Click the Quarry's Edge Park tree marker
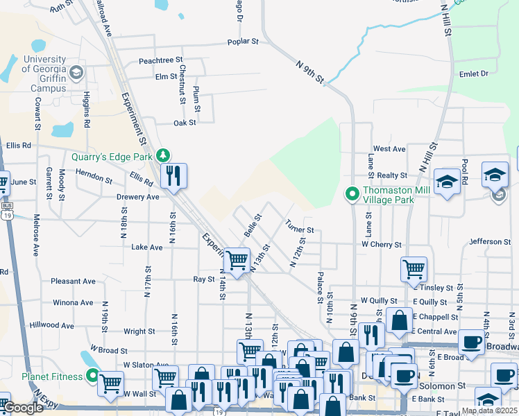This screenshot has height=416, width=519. (x=163, y=155)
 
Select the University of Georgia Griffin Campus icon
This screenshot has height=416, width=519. (x=76, y=73)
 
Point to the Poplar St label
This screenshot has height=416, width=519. (x=243, y=42)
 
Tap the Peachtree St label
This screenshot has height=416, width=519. (x=160, y=61)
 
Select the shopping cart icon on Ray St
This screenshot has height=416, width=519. (x=237, y=261)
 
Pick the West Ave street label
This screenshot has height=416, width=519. (x=389, y=149)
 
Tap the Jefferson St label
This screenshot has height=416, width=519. (x=490, y=242)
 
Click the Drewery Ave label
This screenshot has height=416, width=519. (x=138, y=197)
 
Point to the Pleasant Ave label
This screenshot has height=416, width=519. (x=73, y=281)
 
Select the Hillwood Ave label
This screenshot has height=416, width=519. (x=51, y=325)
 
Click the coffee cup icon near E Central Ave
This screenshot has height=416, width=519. (x=471, y=342)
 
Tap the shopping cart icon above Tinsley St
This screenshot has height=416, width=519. (x=414, y=268)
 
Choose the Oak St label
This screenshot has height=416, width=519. (x=185, y=123)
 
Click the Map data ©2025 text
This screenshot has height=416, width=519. (x=490, y=410)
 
